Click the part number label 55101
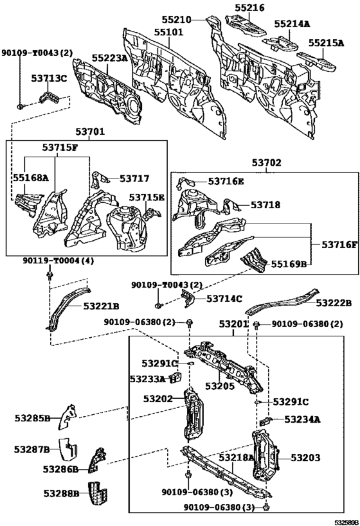tap(169, 32)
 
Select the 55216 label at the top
tap(249, 7)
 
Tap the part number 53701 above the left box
tap(90, 132)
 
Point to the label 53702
tap(267, 162)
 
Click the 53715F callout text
tap(60, 147)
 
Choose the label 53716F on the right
tap(339, 245)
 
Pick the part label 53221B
tap(101, 306)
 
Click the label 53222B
tap(334, 303)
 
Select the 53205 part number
tap(220, 386)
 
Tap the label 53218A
tap(237, 457)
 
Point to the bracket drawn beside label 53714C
tap(187, 299)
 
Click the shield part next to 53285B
tap(67, 417)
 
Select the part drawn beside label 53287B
tap(68, 449)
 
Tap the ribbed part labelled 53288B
tap(97, 495)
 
